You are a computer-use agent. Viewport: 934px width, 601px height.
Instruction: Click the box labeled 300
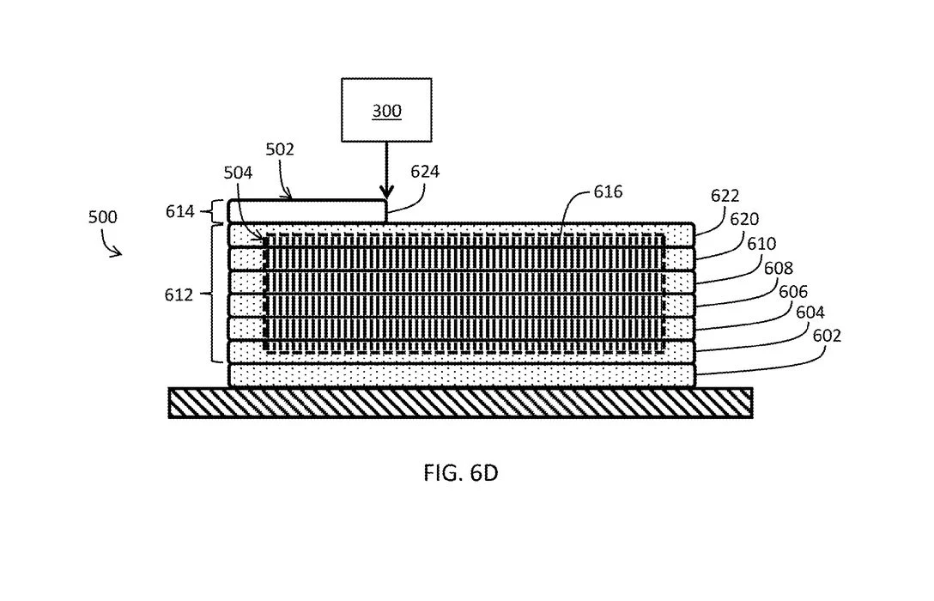[386, 110]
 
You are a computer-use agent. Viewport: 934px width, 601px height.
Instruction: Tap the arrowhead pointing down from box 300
[386, 191]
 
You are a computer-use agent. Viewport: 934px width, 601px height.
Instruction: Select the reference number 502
[280, 149]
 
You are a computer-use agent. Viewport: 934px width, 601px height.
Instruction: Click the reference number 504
[239, 173]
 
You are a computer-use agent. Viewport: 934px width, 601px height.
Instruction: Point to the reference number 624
[425, 172]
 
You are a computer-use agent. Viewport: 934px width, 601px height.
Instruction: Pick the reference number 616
[608, 192]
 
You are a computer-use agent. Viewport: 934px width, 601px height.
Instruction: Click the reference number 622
[725, 197]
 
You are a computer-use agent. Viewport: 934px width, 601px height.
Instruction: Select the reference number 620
[744, 220]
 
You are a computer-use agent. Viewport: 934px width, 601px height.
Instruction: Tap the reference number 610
[761, 245]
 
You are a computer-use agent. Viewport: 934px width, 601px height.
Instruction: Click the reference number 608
[779, 268]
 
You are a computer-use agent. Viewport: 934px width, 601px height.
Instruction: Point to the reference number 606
[793, 291]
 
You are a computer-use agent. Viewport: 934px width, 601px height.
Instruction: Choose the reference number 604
[810, 313]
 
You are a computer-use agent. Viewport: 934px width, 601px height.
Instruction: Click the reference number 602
[827, 336]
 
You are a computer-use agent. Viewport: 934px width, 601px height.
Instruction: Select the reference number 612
[179, 294]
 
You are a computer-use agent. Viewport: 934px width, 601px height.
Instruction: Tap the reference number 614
[179, 211]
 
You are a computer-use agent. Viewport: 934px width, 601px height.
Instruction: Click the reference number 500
[102, 217]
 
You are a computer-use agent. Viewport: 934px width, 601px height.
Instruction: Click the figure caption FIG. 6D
[460, 473]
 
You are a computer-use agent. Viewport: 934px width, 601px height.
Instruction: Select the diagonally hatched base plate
[460, 403]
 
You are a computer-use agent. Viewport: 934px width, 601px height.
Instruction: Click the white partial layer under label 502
[306, 211]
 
